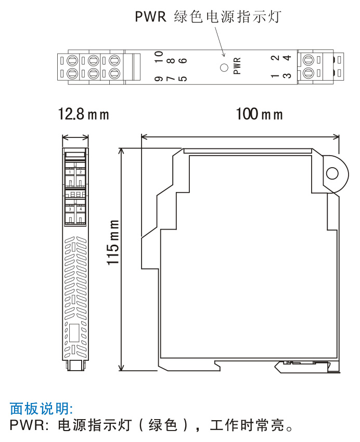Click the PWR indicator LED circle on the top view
click(224, 68)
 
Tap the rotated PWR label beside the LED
click(237, 66)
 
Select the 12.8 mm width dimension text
click(83, 114)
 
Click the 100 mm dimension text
click(259, 114)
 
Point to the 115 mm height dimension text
click(113, 243)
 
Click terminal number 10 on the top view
click(159, 57)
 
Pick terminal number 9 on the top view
click(159, 79)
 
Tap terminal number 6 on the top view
click(183, 60)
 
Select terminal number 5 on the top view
click(183, 79)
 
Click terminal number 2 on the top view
click(275, 58)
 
